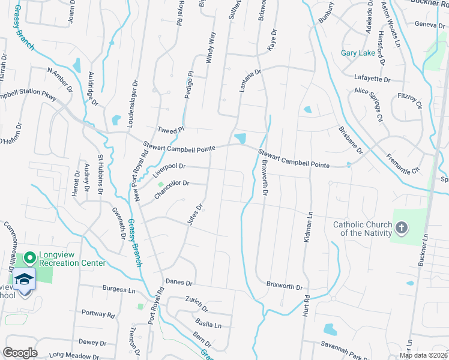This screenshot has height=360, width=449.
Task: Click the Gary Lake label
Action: (358, 53)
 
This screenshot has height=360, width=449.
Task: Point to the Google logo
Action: (20, 353)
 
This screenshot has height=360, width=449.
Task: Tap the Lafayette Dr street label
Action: (372, 79)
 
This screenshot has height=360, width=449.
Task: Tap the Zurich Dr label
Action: (196, 305)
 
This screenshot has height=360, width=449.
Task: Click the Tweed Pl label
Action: (170, 130)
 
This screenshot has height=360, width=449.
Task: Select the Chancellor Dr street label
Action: (172, 191)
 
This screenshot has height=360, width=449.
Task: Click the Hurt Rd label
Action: (305, 308)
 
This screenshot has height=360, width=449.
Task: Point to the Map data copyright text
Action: (424, 355)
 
